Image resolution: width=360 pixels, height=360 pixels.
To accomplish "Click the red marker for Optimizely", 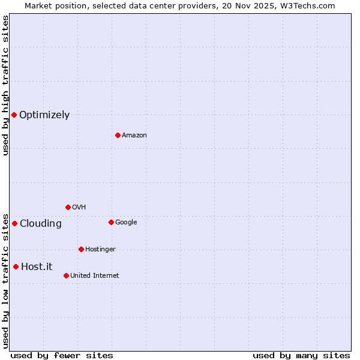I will click(x=14, y=115).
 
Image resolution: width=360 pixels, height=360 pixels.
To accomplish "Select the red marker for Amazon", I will click(x=118, y=135).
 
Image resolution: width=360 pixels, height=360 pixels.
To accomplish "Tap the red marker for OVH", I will click(x=68, y=207).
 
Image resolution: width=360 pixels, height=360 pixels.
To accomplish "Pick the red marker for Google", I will click(x=111, y=222).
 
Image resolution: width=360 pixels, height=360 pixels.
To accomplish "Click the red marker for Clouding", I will click(x=14, y=223).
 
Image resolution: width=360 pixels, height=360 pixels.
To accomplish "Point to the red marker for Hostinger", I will click(x=81, y=249).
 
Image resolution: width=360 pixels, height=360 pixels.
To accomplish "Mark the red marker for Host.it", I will click(x=16, y=266).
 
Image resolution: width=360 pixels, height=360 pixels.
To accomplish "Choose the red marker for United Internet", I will click(x=66, y=275).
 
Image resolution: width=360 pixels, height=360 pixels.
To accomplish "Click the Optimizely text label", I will click(x=44, y=115).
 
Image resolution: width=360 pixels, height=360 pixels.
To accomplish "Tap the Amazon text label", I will click(x=134, y=136).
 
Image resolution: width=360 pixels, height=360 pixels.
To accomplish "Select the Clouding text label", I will click(x=40, y=224).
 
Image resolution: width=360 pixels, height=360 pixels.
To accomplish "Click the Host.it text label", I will click(x=37, y=267).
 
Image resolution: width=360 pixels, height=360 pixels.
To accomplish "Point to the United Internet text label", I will click(x=94, y=276).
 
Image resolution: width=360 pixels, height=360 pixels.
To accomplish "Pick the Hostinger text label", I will click(x=100, y=250).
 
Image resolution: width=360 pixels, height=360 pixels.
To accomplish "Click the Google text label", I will click(x=126, y=223).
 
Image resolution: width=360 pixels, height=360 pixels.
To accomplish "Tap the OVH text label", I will click(x=79, y=208).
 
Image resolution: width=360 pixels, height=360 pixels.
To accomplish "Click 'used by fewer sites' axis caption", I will click(x=62, y=356).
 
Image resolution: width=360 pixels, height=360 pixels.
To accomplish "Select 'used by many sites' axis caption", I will click(x=301, y=356).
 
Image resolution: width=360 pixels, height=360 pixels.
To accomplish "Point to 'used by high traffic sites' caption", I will click(x=5, y=85).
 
